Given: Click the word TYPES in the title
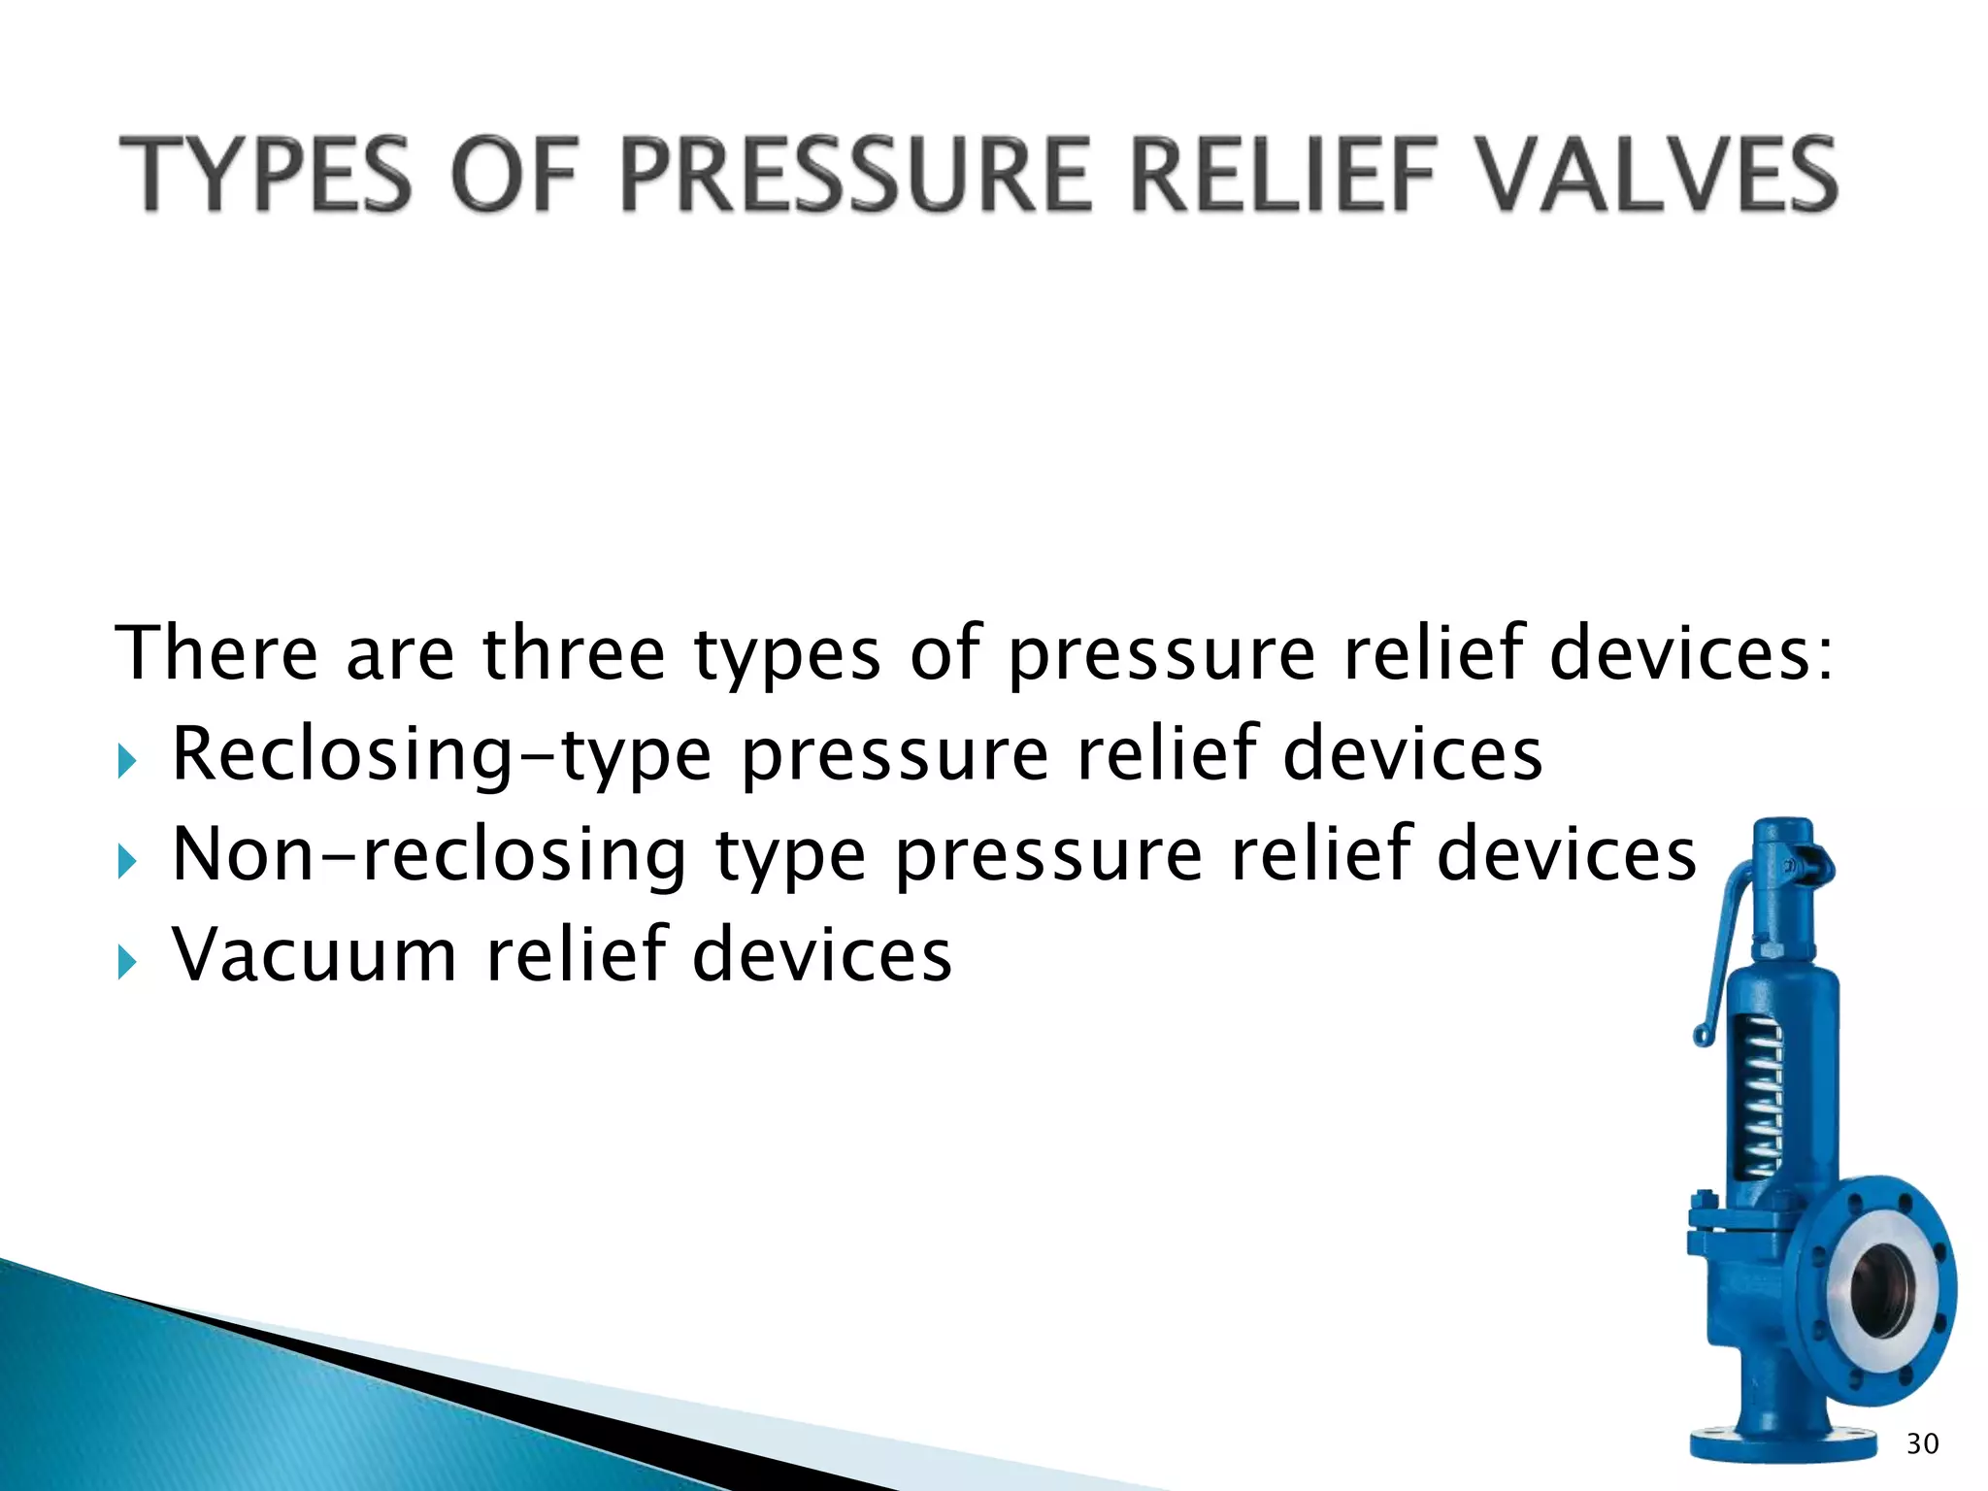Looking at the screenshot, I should coord(263,176).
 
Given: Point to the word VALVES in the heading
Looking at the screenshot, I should coord(1657,176).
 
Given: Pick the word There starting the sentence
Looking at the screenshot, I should coord(216,653).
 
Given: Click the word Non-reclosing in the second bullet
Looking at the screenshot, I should coord(429,856).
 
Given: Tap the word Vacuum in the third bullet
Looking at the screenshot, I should coord(315,955).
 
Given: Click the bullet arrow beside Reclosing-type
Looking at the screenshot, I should coord(127,761).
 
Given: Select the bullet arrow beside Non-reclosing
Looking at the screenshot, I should coord(127,861).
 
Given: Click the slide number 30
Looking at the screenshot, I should coord(1922,1444).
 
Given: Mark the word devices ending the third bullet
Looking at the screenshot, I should coord(822,955).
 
